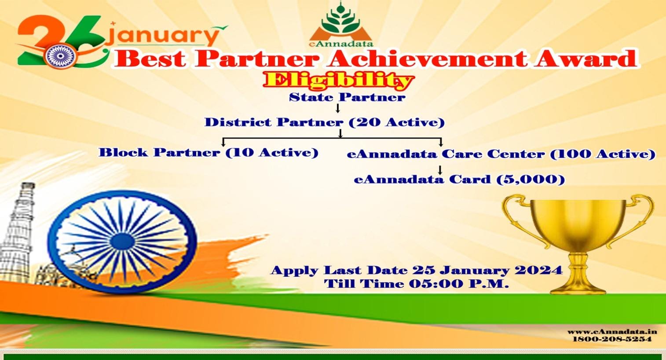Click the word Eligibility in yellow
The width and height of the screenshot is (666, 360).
tap(338, 81)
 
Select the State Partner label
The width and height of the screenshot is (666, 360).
tap(347, 97)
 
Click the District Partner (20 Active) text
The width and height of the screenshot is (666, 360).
tap(324, 122)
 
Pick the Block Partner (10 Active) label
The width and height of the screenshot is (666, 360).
tap(209, 153)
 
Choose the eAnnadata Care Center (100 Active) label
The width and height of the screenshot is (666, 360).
tap(501, 154)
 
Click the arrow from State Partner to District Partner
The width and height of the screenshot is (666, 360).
tap(337, 108)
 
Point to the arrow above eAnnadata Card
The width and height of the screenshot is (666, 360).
tap(440, 169)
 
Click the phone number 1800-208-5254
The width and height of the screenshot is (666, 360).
tap(612, 339)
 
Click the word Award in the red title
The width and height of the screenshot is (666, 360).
tap(585, 59)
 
